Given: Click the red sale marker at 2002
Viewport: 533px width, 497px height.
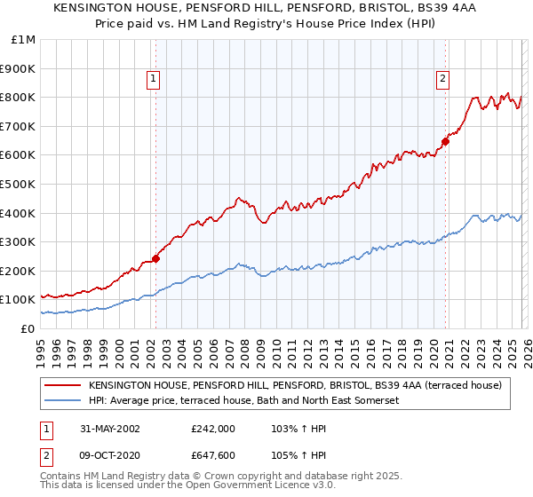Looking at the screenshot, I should pos(156,259).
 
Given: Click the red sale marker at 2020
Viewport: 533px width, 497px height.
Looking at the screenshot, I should pos(446,140).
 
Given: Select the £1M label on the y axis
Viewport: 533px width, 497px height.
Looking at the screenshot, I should pos(24,39).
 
